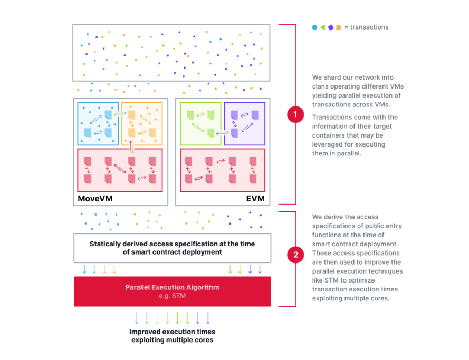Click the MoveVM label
point(95,198)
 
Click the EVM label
point(255,198)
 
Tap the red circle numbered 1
point(295,114)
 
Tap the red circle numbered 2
point(295,255)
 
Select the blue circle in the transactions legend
point(314,27)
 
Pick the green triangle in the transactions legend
point(322,27)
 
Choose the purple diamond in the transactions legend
point(331,27)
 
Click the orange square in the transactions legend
point(339,27)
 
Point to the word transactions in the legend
point(369,27)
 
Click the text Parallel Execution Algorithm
point(173,287)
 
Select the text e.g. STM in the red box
point(173,296)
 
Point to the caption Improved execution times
point(173,332)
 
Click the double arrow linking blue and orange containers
point(120,113)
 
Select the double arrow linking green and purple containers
point(223,132)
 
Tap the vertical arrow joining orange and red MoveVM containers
point(131,147)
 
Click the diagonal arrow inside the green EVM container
point(198,128)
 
